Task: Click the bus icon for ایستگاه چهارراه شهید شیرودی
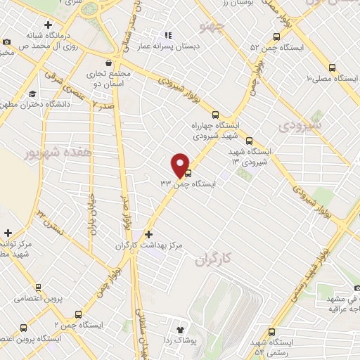215,115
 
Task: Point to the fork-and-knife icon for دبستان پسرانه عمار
167,34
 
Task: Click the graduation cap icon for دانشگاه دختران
33,94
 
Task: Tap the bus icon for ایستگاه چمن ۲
78,314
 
